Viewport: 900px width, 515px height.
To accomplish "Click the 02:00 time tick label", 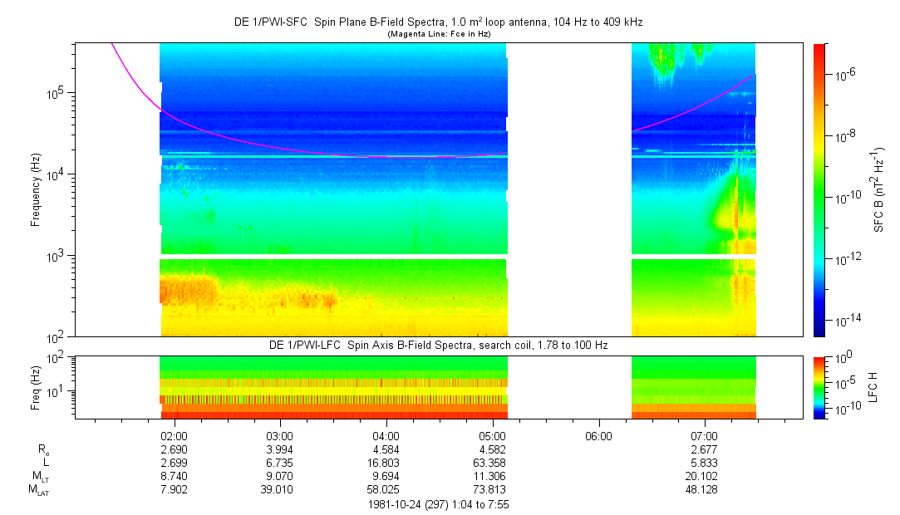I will [x=173, y=435].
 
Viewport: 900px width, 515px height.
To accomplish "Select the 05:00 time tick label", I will [x=493, y=435].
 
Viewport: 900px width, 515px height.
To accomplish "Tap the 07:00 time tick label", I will [x=705, y=435].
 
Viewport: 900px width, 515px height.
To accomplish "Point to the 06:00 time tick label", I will [x=598, y=435].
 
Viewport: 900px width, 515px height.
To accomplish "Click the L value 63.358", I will [x=493, y=462].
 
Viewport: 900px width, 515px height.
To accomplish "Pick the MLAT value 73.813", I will [x=493, y=489].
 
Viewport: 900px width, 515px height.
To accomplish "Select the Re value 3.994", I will [x=279, y=449].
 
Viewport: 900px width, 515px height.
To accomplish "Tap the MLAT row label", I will [x=37, y=490].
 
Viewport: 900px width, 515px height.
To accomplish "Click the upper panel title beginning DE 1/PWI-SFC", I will [x=438, y=22].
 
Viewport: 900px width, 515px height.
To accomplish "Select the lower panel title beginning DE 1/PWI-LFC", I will [x=438, y=345].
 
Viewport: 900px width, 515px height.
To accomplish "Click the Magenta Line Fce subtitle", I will [x=438, y=33].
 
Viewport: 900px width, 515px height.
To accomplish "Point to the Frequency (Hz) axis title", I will [x=36, y=189].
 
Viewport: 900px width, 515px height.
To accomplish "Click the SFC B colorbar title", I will [x=878, y=189].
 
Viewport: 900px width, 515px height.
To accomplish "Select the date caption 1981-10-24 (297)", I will [x=438, y=504].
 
